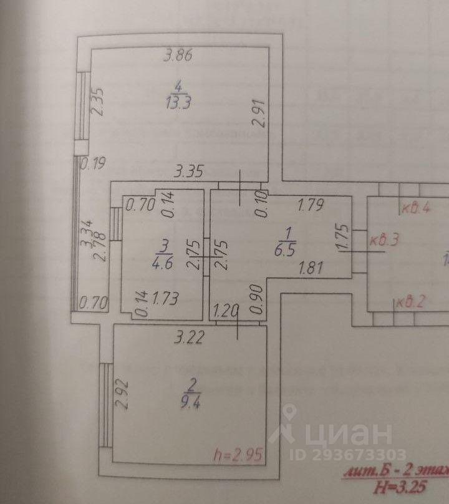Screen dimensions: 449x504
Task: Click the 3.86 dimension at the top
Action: click(176, 56)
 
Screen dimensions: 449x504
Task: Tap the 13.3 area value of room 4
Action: click(178, 104)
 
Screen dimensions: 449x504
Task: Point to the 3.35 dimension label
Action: click(190, 170)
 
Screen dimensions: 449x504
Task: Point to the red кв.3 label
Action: click(384, 240)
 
